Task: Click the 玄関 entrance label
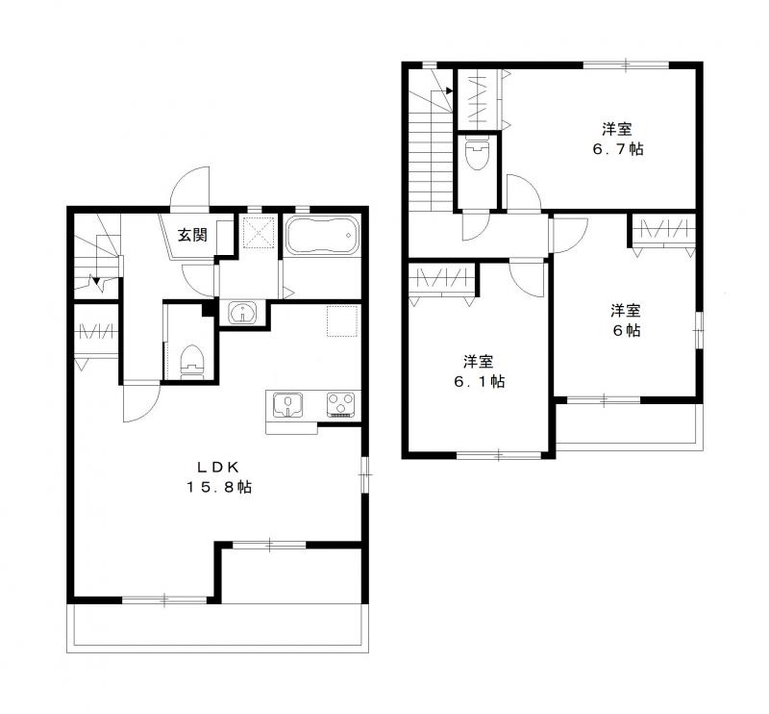point(192,235)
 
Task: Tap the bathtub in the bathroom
point(322,235)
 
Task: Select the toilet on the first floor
point(191,362)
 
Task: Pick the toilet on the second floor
point(477,153)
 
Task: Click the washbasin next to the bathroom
point(242,313)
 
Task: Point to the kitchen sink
point(287,405)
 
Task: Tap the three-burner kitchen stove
point(341,405)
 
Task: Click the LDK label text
point(218,467)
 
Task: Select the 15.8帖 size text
point(219,487)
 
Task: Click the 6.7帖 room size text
point(618,149)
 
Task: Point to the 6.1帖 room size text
point(479,382)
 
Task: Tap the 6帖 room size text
point(627,330)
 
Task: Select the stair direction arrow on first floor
point(95,282)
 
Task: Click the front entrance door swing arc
point(189,186)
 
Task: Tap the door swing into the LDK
point(141,402)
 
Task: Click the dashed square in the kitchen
point(342,320)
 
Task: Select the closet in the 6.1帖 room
point(441,285)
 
